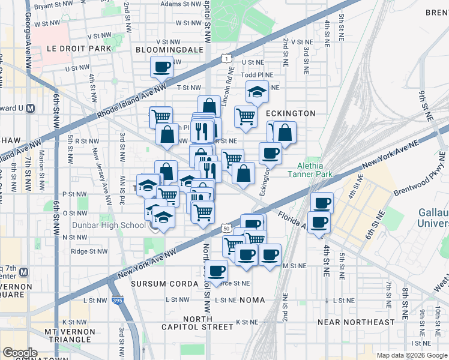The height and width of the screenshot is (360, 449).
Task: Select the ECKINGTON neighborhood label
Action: tap(290, 113)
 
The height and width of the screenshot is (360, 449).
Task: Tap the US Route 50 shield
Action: tap(226, 228)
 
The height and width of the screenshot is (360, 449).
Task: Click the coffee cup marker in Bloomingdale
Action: tap(161, 67)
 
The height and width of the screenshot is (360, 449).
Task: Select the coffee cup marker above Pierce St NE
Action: tap(216, 270)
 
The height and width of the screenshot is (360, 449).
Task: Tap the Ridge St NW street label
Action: tap(89, 252)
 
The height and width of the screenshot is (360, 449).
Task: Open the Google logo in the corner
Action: tap(20, 352)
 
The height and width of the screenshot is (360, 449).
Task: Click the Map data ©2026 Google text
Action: tap(412, 355)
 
